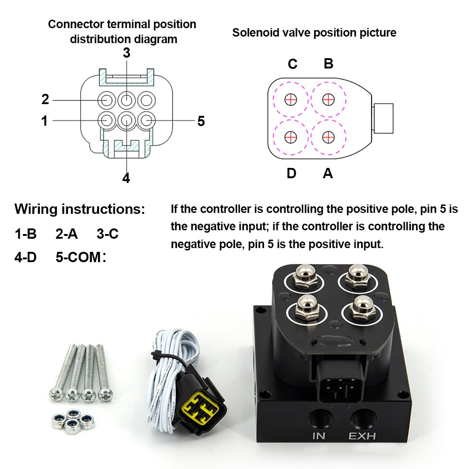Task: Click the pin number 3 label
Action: coord(126,53)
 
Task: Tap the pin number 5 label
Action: coord(201,121)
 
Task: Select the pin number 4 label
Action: coord(126,178)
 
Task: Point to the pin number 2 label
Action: coord(45,99)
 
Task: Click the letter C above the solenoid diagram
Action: coord(292,64)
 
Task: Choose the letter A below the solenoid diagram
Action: coord(328,174)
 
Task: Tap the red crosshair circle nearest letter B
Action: coord(328,99)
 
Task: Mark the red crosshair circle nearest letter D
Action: coord(291,136)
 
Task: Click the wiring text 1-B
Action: coord(25,233)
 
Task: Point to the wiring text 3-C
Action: coord(107,233)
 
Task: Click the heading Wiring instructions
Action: coord(80,209)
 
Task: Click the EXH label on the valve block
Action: coord(362,436)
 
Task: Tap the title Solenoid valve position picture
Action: coord(314,32)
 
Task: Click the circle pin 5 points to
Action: coord(146,120)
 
